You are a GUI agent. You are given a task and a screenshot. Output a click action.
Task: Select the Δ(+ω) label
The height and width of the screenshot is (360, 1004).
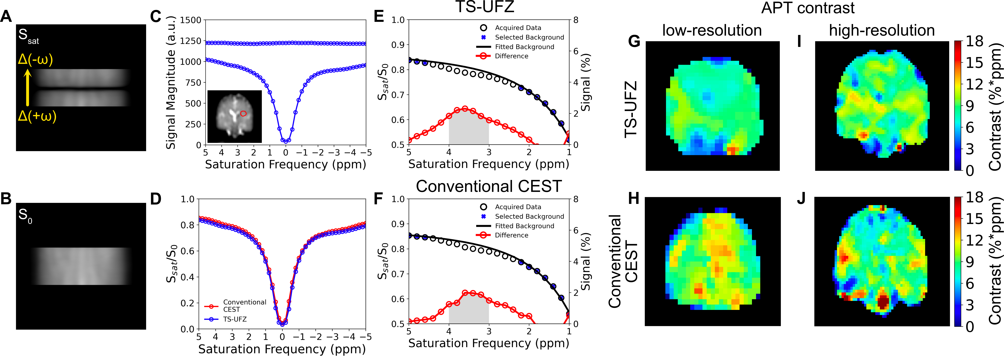point(37,116)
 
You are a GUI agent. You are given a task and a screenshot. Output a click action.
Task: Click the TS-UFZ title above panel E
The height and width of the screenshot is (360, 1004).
point(485,7)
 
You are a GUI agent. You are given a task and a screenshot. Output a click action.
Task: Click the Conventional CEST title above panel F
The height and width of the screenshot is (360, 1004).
point(489,186)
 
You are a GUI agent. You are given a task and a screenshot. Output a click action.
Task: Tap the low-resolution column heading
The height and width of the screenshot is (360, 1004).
point(712,30)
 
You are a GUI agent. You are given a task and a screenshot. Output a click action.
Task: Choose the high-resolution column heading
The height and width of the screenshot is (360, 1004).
point(882,30)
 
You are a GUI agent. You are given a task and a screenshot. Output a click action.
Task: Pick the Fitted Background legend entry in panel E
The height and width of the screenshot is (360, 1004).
point(524,47)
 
